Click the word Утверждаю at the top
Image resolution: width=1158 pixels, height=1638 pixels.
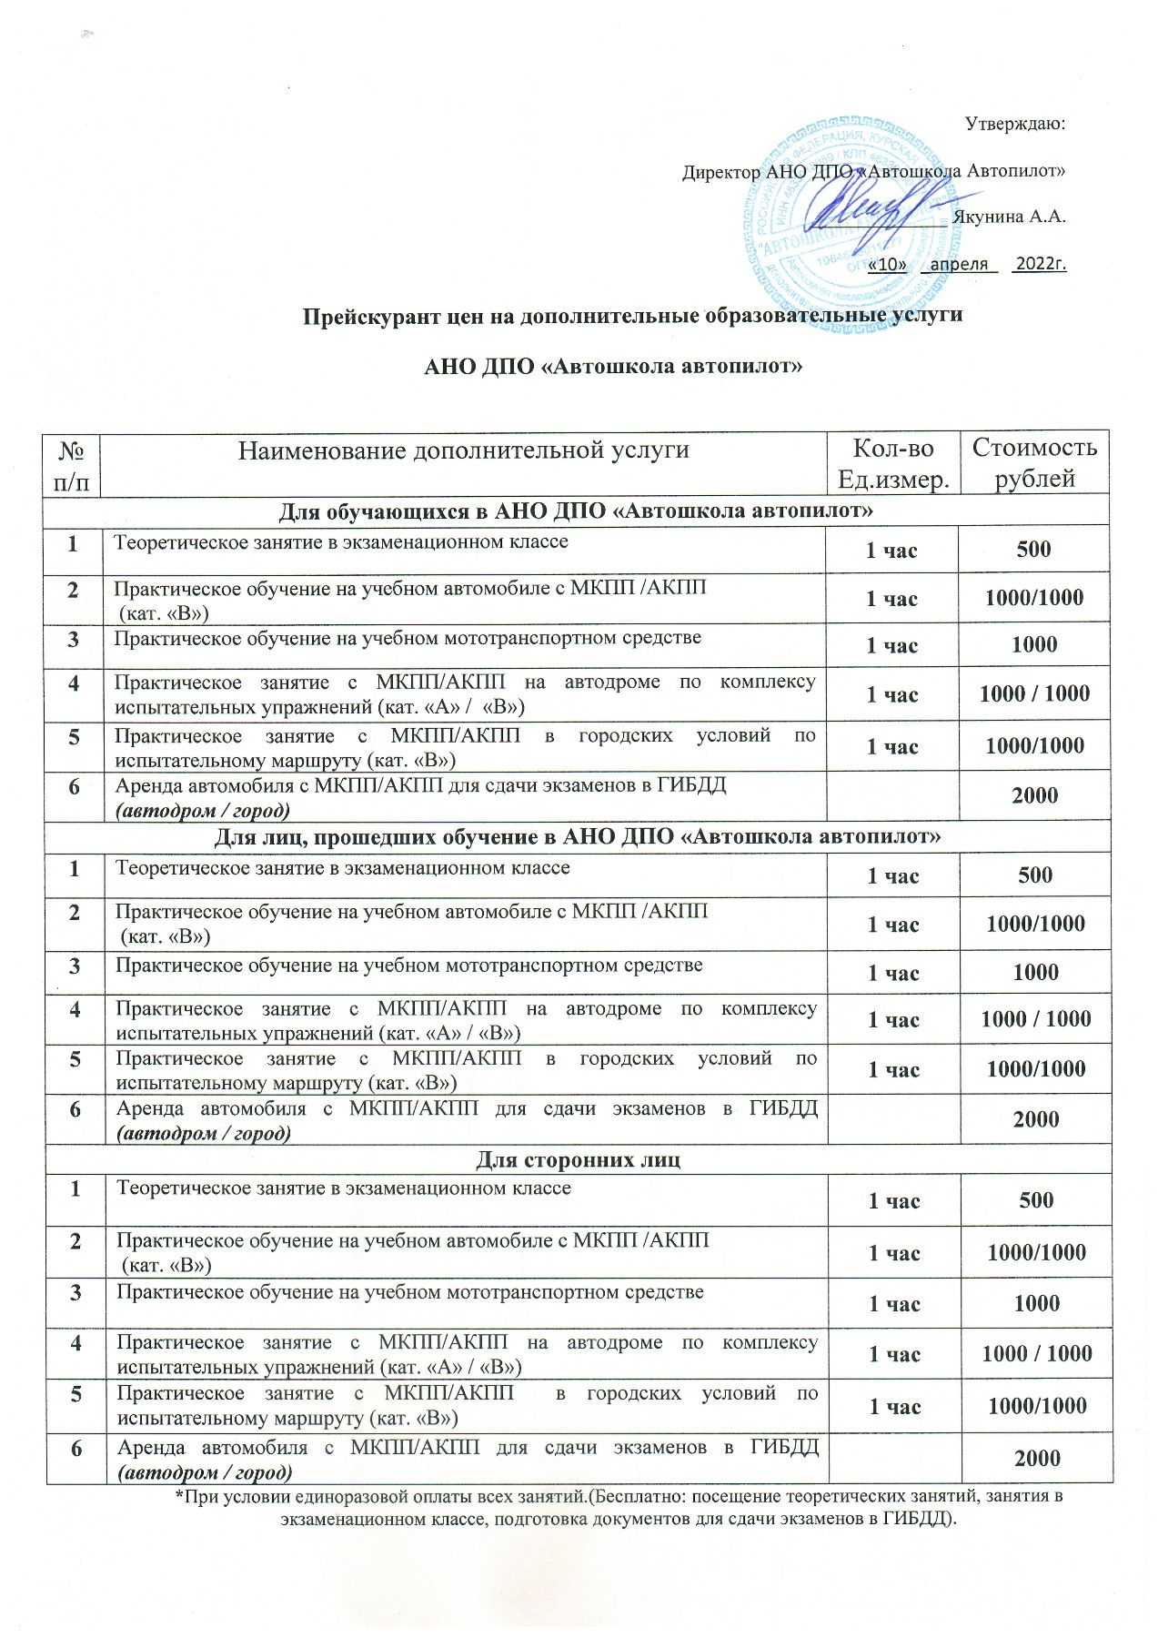pyautogui.click(x=1014, y=124)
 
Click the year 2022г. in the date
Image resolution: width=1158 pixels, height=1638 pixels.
pyautogui.click(x=1041, y=264)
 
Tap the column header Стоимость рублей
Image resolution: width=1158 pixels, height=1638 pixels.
pyautogui.click(x=1034, y=462)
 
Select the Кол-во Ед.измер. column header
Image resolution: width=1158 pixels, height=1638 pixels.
pyautogui.click(x=892, y=462)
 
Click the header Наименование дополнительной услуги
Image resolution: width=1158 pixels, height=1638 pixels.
pyautogui.click(x=463, y=450)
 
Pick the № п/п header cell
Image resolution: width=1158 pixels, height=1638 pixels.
pyautogui.click(x=73, y=462)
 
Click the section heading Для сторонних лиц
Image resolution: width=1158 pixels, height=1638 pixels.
pyautogui.click(x=578, y=1159)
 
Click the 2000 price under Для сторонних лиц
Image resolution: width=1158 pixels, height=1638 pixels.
pyautogui.click(x=1037, y=1459)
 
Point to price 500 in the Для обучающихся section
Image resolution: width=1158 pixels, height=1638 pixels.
pyautogui.click(x=1034, y=549)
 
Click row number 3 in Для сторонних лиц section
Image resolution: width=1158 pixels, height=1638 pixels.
pyautogui.click(x=75, y=1292)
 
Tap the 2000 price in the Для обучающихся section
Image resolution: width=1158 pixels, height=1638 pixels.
pyautogui.click(x=1034, y=795)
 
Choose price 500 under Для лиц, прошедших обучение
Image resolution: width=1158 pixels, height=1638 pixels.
pyautogui.click(x=1035, y=875)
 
